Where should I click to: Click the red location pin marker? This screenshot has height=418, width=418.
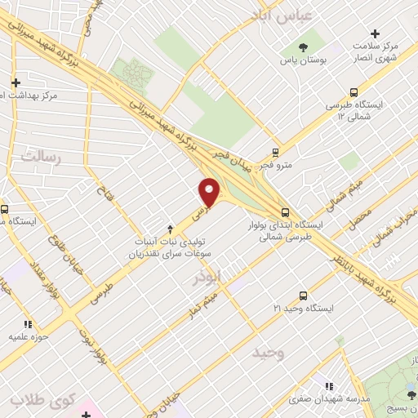pyautogui.click(x=210, y=192)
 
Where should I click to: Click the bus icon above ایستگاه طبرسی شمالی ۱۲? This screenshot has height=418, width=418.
pyautogui.click(x=354, y=93)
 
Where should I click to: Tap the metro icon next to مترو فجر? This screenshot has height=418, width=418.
pyautogui.click(x=276, y=153)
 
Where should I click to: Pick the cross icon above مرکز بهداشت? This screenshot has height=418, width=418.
pyautogui.click(x=16, y=82)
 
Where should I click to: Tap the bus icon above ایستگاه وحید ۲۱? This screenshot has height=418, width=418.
pyautogui.click(x=303, y=296)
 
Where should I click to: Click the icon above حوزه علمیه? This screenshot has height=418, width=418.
pyautogui.click(x=30, y=324)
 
